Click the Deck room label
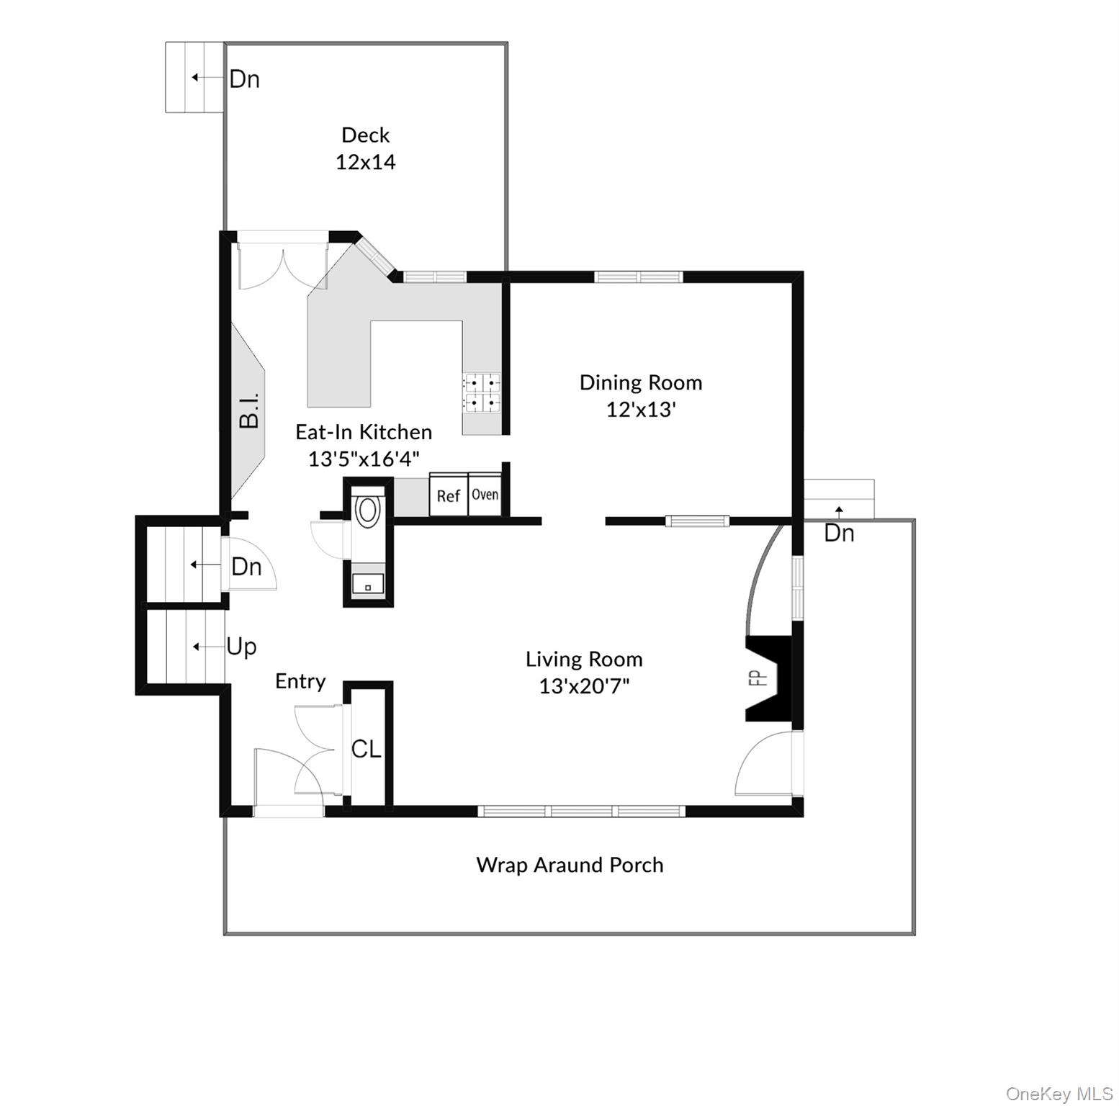365,135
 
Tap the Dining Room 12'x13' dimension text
640,410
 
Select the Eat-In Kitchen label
364,432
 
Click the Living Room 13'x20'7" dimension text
584,686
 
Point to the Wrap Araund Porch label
570,865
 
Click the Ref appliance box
448,495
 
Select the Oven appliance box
485,495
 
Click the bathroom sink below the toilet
368,584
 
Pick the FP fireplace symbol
769,678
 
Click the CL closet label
366,750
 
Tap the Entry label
300,681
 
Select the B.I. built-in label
249,411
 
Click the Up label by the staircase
241,647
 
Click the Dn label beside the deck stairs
244,79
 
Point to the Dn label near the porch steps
839,534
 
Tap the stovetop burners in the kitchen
482,392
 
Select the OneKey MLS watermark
1059,1094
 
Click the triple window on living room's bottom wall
582,811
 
